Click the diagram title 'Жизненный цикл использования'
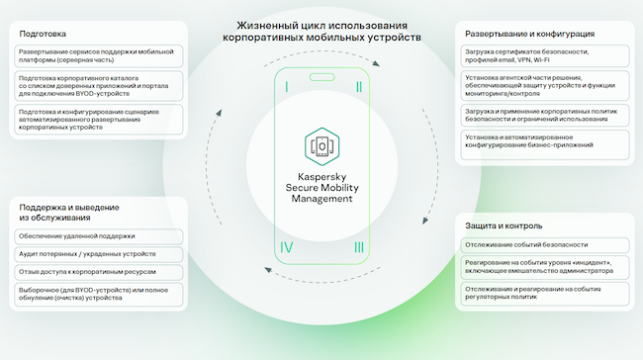(321, 24)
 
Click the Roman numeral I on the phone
(287, 87)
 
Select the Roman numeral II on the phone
(357, 87)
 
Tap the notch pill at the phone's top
(321, 77)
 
